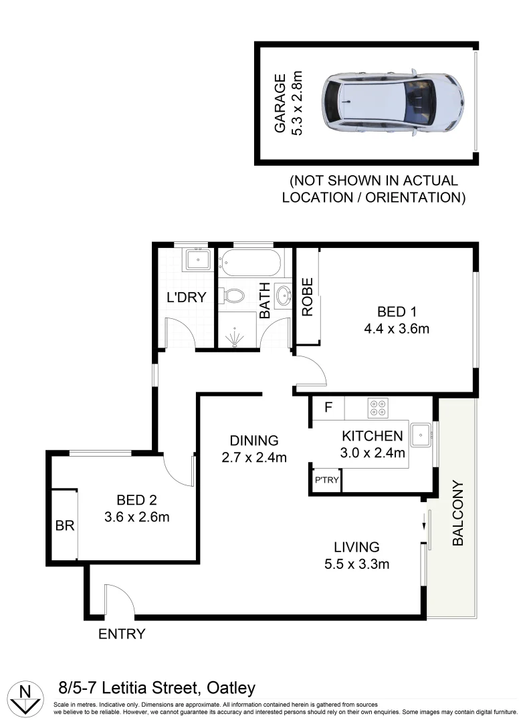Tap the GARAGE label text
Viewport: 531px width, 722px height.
281,104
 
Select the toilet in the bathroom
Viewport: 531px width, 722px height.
234,295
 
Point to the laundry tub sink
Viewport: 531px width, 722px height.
198,259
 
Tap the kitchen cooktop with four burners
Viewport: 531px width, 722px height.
378,407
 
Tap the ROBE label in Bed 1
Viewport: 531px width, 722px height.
307,297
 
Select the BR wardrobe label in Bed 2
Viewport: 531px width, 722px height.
64,526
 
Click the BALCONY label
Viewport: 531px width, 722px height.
458,513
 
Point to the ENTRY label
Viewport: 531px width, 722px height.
122,634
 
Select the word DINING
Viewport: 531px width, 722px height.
253,441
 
